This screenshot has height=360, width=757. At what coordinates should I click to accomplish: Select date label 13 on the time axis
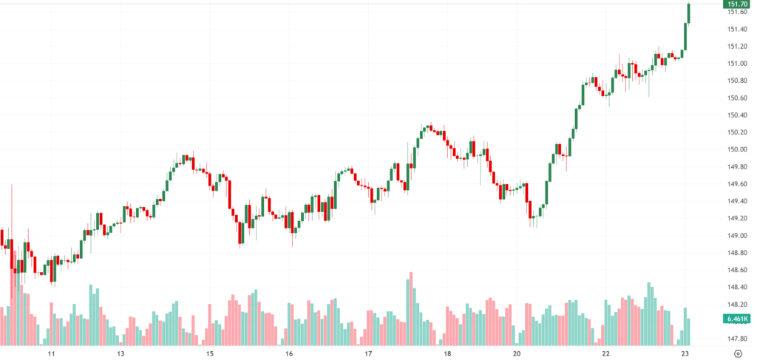[x=120, y=353]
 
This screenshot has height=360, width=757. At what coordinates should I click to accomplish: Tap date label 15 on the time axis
[x=210, y=353]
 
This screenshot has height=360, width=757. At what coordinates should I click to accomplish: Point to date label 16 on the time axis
[x=289, y=353]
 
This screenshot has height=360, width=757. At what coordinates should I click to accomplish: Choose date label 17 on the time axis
[x=368, y=353]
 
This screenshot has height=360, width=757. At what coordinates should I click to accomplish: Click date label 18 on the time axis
[x=447, y=353]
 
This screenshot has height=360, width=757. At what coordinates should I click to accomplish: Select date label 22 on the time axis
[x=605, y=353]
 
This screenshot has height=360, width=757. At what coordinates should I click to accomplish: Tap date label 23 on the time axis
[x=686, y=353]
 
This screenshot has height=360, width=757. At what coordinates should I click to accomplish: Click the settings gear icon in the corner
[x=738, y=353]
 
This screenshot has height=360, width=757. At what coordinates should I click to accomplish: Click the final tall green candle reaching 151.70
[x=689, y=13]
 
